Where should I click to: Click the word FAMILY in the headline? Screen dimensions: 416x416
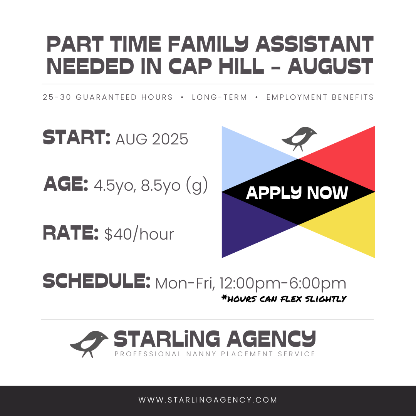tap(208, 44)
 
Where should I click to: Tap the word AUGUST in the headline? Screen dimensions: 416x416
tap(331, 66)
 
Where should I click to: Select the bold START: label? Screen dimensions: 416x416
tap(76, 138)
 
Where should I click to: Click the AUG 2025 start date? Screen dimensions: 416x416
tap(152, 139)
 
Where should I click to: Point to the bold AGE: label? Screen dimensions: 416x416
tap(66, 184)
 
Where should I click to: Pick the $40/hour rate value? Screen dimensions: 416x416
tap(139, 234)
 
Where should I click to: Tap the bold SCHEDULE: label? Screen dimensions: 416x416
tap(97, 281)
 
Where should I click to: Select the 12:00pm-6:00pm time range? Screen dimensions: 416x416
tap(283, 283)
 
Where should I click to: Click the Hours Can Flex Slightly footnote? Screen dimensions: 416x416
tap(284, 299)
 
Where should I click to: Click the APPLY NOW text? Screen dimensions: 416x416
tap(297, 193)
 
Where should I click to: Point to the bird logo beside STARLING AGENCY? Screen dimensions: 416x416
tap(89, 344)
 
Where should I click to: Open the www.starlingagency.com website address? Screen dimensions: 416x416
tap(208, 400)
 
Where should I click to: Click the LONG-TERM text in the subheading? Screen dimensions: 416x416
tap(220, 97)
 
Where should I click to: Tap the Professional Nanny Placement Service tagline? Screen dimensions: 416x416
tap(215, 354)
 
